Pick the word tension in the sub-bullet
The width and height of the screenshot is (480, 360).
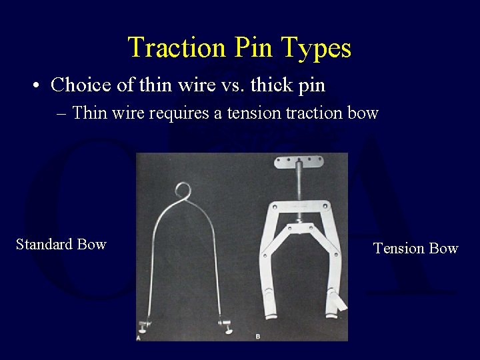point(256,113)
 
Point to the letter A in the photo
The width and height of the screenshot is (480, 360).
point(139,338)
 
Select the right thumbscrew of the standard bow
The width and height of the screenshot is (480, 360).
point(227,326)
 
